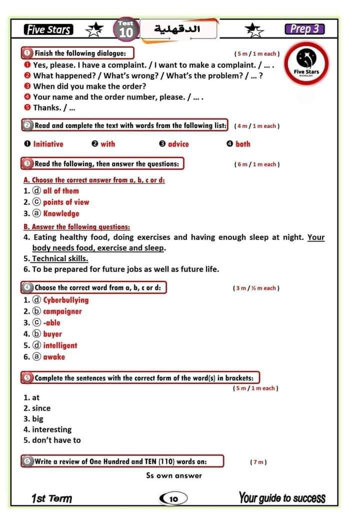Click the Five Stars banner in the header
(48, 30)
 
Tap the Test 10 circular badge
(126, 30)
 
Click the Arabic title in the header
(178, 29)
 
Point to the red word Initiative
(48, 144)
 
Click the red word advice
(178, 144)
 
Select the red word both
(242, 144)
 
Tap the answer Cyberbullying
(65, 300)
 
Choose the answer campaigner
(62, 311)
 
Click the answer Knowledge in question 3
(61, 214)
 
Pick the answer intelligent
(60, 345)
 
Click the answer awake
(54, 357)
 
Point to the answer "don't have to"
(56, 440)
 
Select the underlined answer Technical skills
(60, 259)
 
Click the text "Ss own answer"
(174, 475)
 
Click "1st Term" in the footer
(51, 499)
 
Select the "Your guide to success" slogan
(282, 498)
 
